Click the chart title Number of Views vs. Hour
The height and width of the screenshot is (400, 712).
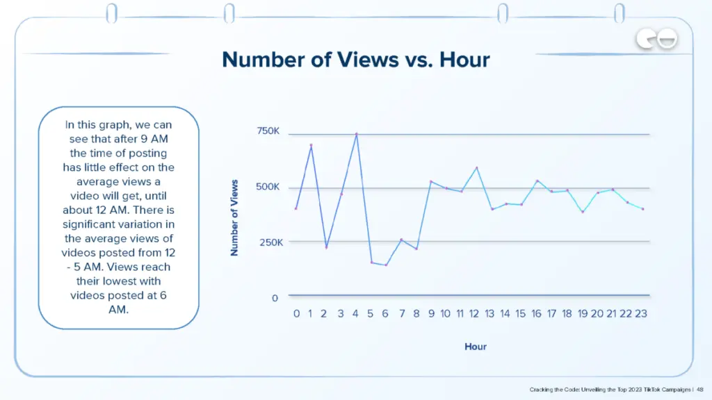pos(356,60)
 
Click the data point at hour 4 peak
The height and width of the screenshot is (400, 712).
pos(357,134)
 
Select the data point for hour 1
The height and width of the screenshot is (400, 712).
pos(311,145)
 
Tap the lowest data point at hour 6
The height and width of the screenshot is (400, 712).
pos(386,265)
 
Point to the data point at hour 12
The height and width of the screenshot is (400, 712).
pos(476,167)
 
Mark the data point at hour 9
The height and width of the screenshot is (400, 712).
pos(431,182)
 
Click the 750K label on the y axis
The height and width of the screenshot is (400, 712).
pos(268,131)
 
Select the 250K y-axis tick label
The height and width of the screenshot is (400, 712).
pos(268,242)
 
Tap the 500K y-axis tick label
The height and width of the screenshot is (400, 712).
pos(268,187)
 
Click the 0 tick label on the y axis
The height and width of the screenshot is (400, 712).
pos(275,298)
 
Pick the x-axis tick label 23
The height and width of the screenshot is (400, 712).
pos(641,314)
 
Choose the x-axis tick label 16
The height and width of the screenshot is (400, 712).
pos(536,314)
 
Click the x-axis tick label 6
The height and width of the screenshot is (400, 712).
pos(386,314)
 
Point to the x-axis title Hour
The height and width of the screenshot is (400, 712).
pos(476,346)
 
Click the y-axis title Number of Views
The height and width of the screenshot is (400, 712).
pos(234,217)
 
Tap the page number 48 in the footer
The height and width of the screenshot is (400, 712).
pos(700,390)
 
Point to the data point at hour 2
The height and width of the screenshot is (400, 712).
pos(326,247)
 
